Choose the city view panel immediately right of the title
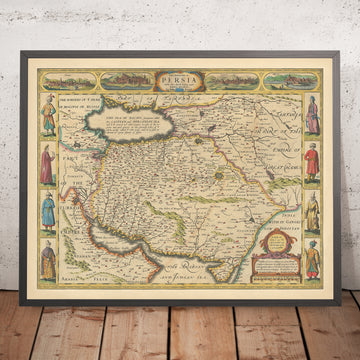click(225, 76)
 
